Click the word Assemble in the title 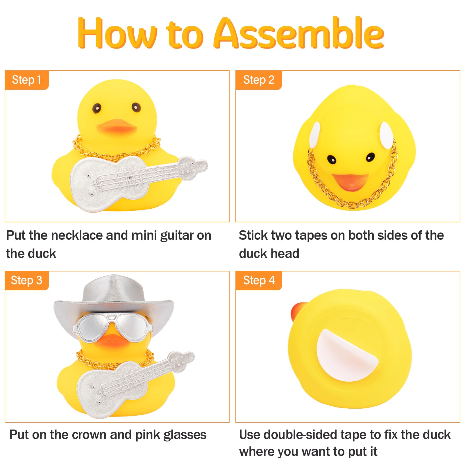pyautogui.click(x=299, y=33)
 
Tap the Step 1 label pyautogui.click(x=26, y=80)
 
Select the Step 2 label pyautogui.click(x=259, y=80)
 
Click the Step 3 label pyautogui.click(x=26, y=280)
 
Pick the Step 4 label pyautogui.click(x=259, y=280)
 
